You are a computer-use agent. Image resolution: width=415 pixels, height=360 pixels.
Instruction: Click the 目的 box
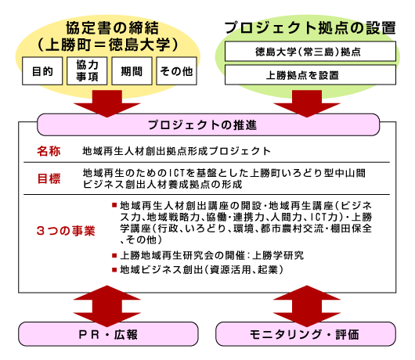click(42, 71)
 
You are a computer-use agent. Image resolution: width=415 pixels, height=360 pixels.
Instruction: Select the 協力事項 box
click(87, 71)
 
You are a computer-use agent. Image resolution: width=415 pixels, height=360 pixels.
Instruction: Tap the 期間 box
click(132, 71)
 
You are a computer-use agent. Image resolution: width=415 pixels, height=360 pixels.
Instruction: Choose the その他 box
click(176, 71)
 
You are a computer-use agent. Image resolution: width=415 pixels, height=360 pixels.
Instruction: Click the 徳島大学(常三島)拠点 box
click(310, 52)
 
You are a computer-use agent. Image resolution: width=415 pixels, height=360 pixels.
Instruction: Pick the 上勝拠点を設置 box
click(310, 75)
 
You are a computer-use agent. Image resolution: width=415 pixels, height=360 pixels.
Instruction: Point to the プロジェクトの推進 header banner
click(208, 125)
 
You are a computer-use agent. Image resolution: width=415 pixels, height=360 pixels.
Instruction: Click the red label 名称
click(49, 151)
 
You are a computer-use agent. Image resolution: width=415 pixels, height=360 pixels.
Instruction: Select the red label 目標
click(49, 178)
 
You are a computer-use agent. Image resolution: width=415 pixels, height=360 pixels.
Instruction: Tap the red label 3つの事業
click(66, 231)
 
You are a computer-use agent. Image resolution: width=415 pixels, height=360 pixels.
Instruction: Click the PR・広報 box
click(108, 334)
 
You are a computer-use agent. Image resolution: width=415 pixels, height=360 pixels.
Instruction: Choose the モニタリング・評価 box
click(305, 334)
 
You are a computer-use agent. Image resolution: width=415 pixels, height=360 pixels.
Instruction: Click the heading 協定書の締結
click(112, 28)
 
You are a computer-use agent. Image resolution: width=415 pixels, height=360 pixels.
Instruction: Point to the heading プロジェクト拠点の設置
click(310, 28)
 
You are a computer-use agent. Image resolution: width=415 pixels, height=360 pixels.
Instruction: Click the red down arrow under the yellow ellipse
click(107, 103)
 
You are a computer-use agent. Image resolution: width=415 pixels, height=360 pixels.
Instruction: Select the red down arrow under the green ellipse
click(307, 103)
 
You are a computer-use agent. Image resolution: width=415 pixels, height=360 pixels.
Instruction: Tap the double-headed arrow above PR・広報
click(107, 306)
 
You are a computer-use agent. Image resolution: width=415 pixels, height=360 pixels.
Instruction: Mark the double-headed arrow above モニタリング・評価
click(307, 306)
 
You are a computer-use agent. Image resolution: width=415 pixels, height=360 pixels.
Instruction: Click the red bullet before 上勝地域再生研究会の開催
click(114, 255)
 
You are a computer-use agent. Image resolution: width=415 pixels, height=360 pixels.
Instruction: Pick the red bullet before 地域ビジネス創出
click(114, 270)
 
